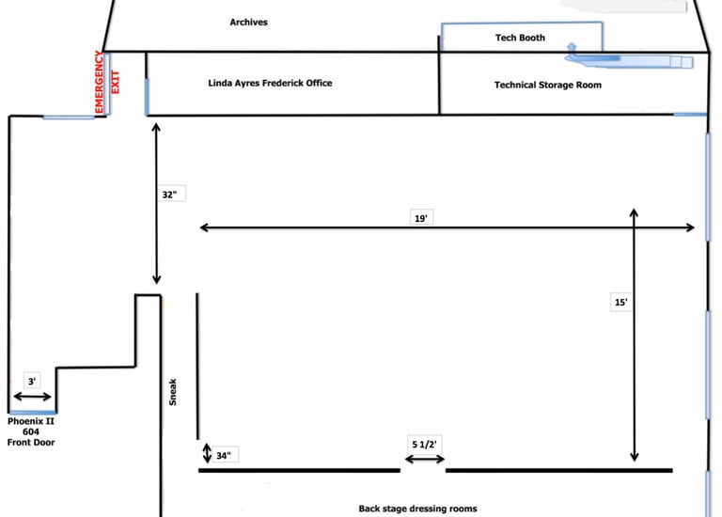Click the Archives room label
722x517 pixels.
click(x=249, y=22)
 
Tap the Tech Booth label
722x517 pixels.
click(x=520, y=39)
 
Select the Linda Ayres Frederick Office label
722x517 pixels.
click(x=270, y=84)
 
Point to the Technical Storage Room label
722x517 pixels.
click(x=548, y=86)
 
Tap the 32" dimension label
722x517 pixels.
click(x=169, y=196)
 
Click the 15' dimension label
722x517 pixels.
click(x=620, y=303)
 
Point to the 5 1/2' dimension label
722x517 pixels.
click(x=425, y=443)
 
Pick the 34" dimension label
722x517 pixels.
click(x=224, y=455)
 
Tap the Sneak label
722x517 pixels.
click(x=173, y=392)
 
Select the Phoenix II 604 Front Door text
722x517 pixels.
click(x=31, y=432)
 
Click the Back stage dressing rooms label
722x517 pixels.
click(x=417, y=509)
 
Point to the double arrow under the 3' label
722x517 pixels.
click(x=32, y=398)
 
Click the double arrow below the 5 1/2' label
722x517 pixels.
click(x=425, y=459)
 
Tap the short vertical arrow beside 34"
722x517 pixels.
click(x=207, y=454)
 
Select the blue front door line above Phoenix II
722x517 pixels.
click(x=32, y=412)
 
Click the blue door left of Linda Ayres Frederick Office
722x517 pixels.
click(x=146, y=97)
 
